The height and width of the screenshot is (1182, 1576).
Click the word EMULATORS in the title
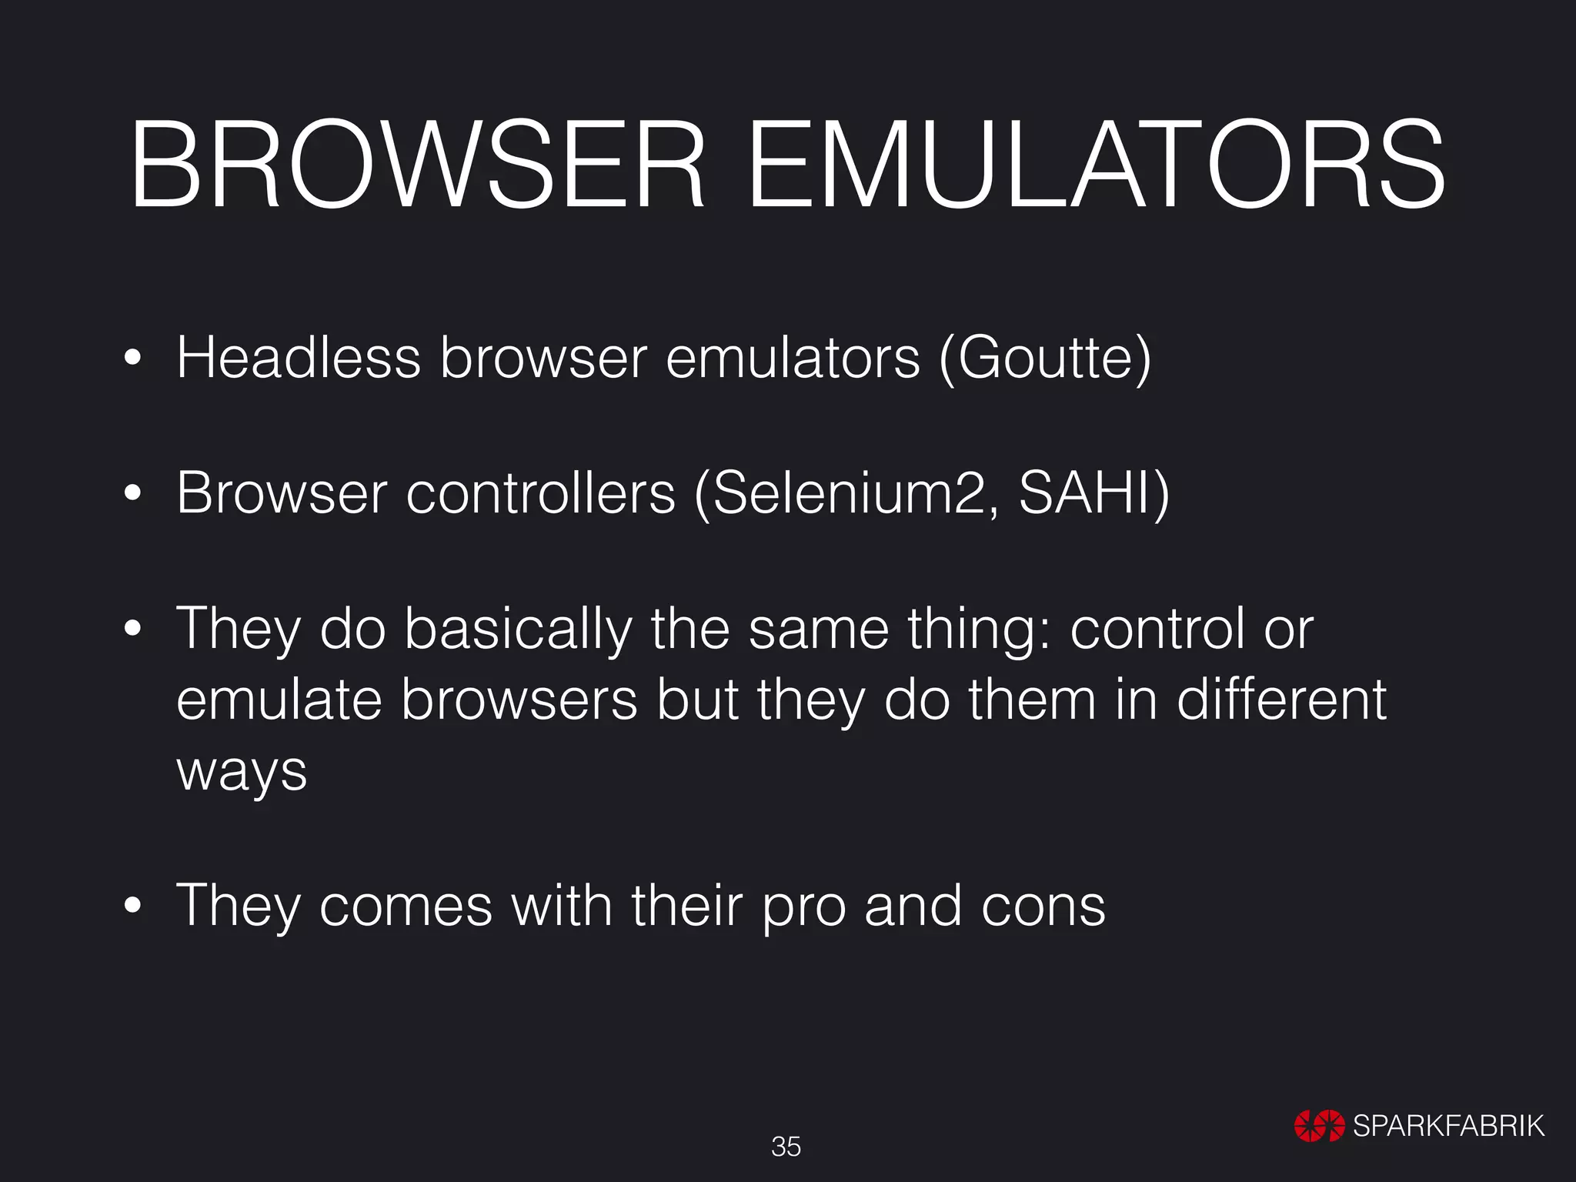(1096, 165)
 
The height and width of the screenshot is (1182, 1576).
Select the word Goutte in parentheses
(1045, 359)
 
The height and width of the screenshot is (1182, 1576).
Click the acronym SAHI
(1085, 492)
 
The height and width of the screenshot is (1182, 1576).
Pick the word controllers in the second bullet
(540, 492)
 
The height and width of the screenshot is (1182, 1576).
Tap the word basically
(518, 629)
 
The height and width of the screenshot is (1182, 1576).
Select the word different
(1281, 700)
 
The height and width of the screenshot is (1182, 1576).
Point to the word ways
(242, 772)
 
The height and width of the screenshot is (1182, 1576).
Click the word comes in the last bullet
(406, 906)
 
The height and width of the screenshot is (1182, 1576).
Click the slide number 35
(786, 1147)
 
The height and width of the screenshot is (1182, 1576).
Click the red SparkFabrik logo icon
(1319, 1126)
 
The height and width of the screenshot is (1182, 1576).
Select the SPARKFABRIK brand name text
(1448, 1126)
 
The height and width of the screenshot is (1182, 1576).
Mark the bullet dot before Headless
(133, 358)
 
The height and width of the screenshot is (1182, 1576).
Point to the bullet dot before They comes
(133, 906)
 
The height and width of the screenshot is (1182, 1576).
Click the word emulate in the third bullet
(279, 700)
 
